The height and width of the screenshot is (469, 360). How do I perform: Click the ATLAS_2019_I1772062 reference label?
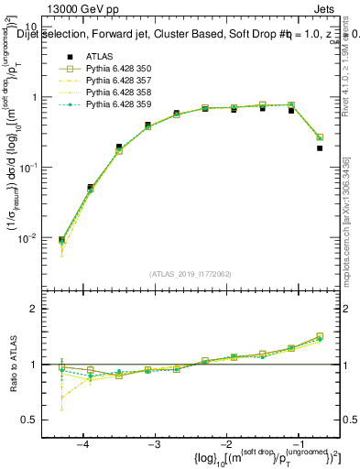189,273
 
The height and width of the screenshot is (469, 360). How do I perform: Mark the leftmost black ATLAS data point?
61,240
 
